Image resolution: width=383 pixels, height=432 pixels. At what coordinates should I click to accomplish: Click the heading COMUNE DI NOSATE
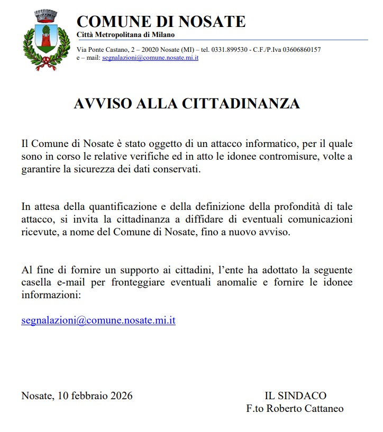click(161, 22)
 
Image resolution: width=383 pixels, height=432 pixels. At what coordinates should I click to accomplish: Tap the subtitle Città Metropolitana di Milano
click(130, 35)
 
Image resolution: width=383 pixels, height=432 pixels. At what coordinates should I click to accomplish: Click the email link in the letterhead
click(150, 57)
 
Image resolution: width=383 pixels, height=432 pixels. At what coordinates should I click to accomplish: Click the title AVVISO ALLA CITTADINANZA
click(187, 104)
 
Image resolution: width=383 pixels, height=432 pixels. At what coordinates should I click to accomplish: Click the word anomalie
click(235, 282)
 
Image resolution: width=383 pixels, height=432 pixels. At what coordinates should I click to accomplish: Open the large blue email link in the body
click(98, 320)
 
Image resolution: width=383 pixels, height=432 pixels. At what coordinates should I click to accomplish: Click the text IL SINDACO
click(296, 396)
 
